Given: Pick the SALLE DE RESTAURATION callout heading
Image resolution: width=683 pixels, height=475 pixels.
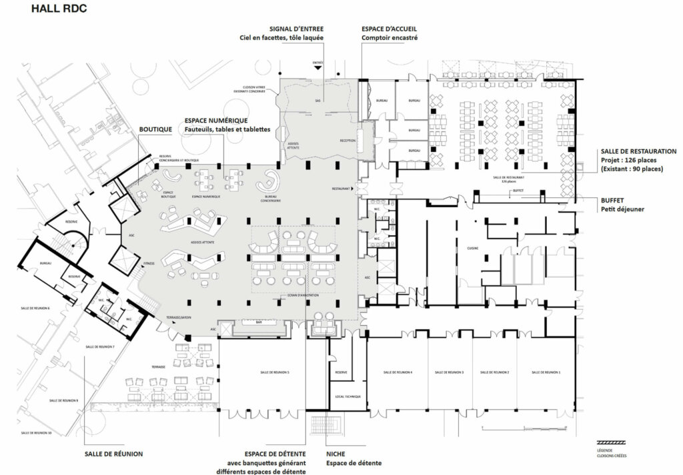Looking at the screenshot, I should tap(638, 151).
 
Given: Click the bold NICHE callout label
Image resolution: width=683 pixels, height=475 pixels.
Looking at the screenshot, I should tap(336, 454).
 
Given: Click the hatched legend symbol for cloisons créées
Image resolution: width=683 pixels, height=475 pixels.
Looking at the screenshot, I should tap(613, 442).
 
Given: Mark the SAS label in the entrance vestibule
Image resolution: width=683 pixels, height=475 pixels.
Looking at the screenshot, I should tap(318, 100).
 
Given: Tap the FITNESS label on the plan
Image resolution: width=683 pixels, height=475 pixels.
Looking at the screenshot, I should tap(149, 263).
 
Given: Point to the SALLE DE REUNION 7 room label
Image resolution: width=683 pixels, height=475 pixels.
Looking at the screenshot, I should tap(100, 347).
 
